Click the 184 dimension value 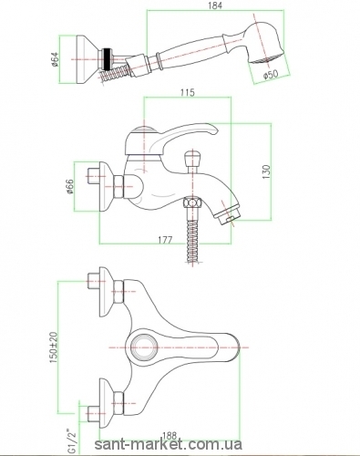point(215,5)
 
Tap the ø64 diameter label point(55,59)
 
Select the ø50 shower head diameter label point(271,74)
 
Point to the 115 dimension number point(188,92)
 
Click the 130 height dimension point(266,171)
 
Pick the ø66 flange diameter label point(69,186)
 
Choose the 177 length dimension point(165,240)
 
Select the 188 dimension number point(169,437)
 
